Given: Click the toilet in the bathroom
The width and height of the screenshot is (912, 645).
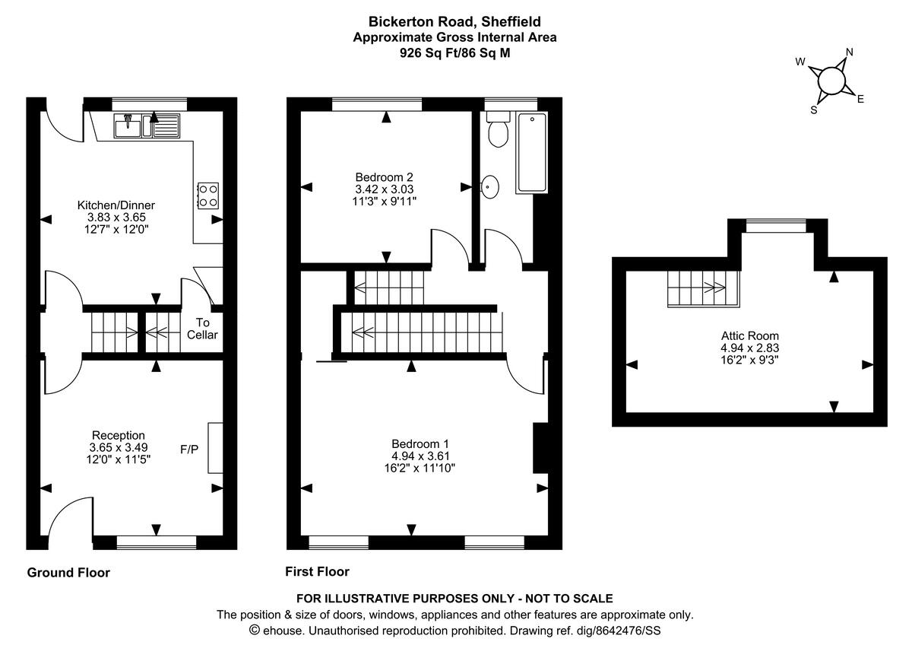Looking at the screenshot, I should pyautogui.click(x=498, y=131).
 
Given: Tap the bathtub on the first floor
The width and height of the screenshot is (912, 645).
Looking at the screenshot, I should pyautogui.click(x=531, y=152).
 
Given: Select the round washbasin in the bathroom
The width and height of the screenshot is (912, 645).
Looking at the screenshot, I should pyautogui.click(x=490, y=186).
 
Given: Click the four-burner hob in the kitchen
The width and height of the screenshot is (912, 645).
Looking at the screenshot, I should pyautogui.click(x=207, y=195).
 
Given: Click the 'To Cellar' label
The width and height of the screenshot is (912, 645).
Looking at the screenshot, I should pyautogui.click(x=202, y=329).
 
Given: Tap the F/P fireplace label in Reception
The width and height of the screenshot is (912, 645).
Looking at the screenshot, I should pyautogui.click(x=189, y=449).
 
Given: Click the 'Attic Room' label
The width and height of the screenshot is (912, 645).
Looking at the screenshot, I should pyautogui.click(x=750, y=335).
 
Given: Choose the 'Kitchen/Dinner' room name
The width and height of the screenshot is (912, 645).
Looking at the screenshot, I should pyautogui.click(x=116, y=205).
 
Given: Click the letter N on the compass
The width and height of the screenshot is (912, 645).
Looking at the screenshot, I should pyautogui.click(x=850, y=52).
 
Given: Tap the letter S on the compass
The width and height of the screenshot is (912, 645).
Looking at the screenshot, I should pyautogui.click(x=814, y=110).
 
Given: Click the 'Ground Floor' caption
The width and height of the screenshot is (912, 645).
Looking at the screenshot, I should pyautogui.click(x=68, y=573).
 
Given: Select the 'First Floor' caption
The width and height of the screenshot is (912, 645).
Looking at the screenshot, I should pyautogui.click(x=317, y=571).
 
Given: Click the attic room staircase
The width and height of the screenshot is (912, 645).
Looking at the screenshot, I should pyautogui.click(x=703, y=288).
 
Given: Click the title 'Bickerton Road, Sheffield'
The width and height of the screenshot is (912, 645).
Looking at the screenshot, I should pyautogui.click(x=454, y=22).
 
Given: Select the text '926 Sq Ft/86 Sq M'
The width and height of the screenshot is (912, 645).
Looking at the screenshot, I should pyautogui.click(x=454, y=52).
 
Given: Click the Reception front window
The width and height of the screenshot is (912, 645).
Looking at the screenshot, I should pyautogui.click(x=156, y=542).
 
